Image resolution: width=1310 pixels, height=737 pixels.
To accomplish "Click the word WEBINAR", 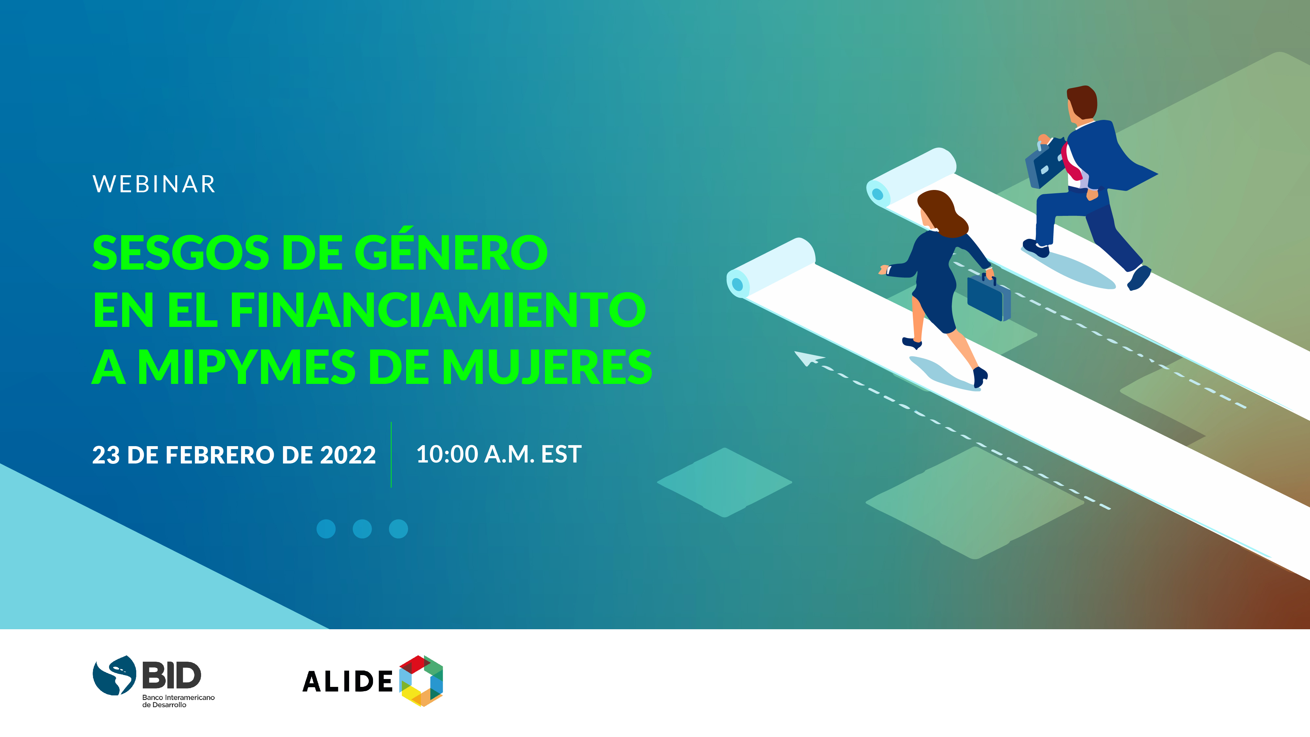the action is tap(154, 184).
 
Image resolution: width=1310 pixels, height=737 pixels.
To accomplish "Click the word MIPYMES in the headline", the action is tap(246, 367).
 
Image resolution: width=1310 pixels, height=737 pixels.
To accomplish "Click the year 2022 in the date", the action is tap(348, 455).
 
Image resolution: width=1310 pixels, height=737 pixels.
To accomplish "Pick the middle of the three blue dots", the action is tap(362, 529).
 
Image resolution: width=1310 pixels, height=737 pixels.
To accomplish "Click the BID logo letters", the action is tap(171, 675).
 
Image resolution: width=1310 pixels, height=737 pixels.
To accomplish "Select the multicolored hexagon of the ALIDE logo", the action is tap(421, 681).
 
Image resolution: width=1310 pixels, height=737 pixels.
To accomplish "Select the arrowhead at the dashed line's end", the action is tap(808, 358).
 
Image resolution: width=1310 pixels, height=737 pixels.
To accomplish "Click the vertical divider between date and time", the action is tap(391, 455).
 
